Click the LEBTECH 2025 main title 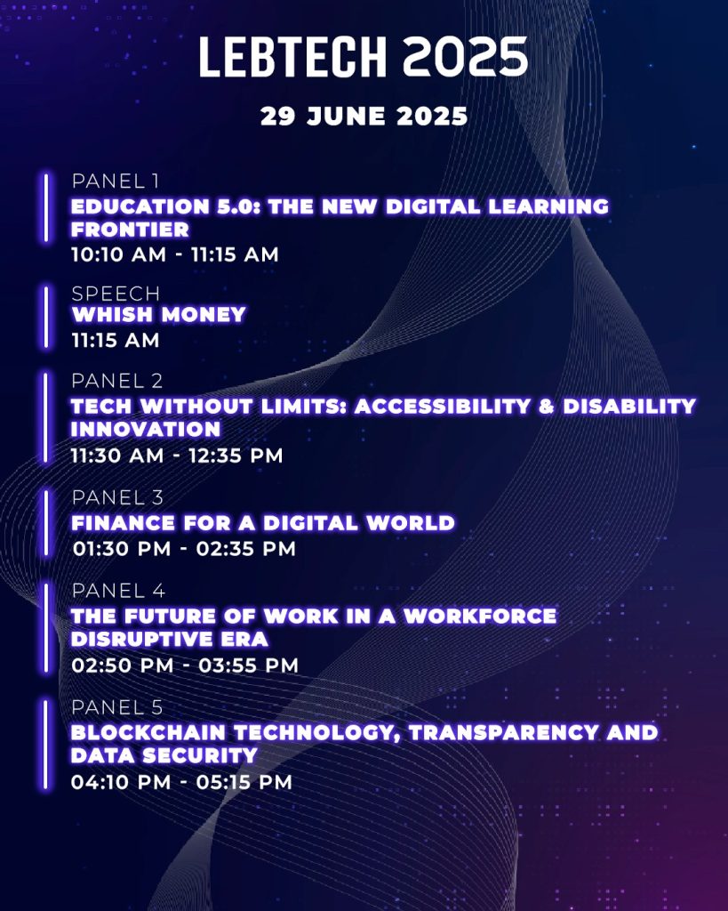click(364, 57)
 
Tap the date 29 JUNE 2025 click(364, 117)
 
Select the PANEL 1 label click(115, 181)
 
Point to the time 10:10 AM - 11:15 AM click(175, 254)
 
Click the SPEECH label click(116, 294)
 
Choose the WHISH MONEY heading click(158, 314)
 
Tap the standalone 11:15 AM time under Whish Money click(115, 340)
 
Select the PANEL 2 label click(116, 381)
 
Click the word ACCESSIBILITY click(443, 406)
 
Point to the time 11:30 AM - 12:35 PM click(177, 455)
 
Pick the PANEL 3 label click(117, 498)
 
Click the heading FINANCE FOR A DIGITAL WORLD click(263, 523)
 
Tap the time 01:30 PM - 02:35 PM click(184, 548)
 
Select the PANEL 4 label click(118, 591)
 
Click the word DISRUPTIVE click(136, 639)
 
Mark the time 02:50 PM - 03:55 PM click(185, 665)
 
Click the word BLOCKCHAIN click(148, 733)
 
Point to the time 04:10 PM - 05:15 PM click(181, 782)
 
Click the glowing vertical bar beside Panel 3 click(46, 523)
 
